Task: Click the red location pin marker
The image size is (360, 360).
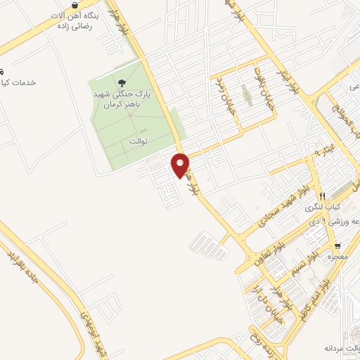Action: (x=181, y=165)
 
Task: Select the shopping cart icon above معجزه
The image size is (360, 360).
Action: (x=338, y=246)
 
